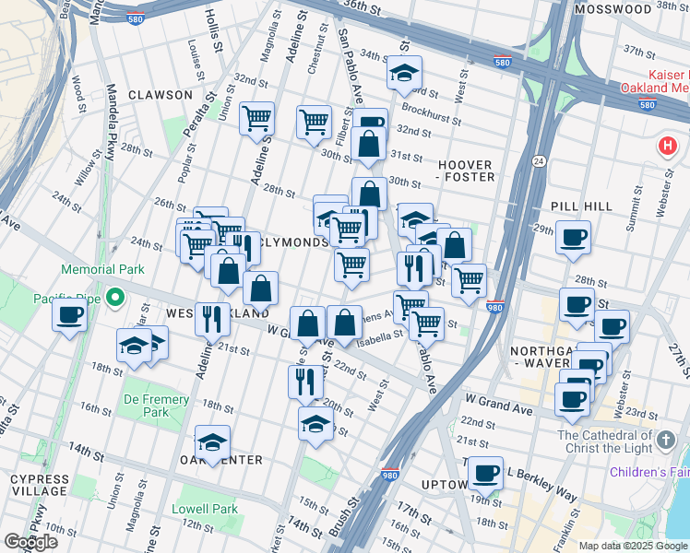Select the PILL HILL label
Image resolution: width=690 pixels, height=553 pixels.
pos(580,207)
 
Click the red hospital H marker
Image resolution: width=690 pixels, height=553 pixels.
pos(667,146)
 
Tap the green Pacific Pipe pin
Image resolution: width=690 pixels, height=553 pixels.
pos(114,298)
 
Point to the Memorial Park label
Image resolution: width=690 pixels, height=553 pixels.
pos(102,270)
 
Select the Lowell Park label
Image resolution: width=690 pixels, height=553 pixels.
pos(205,509)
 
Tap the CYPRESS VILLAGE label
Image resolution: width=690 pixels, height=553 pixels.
pos(38,488)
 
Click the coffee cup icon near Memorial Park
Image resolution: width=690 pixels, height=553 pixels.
pos(70,316)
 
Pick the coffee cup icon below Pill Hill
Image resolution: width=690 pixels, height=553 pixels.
pos(573,237)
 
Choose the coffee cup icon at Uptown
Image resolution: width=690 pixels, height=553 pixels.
pos(485,473)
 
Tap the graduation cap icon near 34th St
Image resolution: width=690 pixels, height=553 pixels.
pos(403,74)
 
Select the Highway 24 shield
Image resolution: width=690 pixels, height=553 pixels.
pos(537,161)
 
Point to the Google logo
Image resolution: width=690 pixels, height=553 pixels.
pos(31,542)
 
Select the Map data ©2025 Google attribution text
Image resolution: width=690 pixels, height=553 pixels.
pos(632,546)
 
